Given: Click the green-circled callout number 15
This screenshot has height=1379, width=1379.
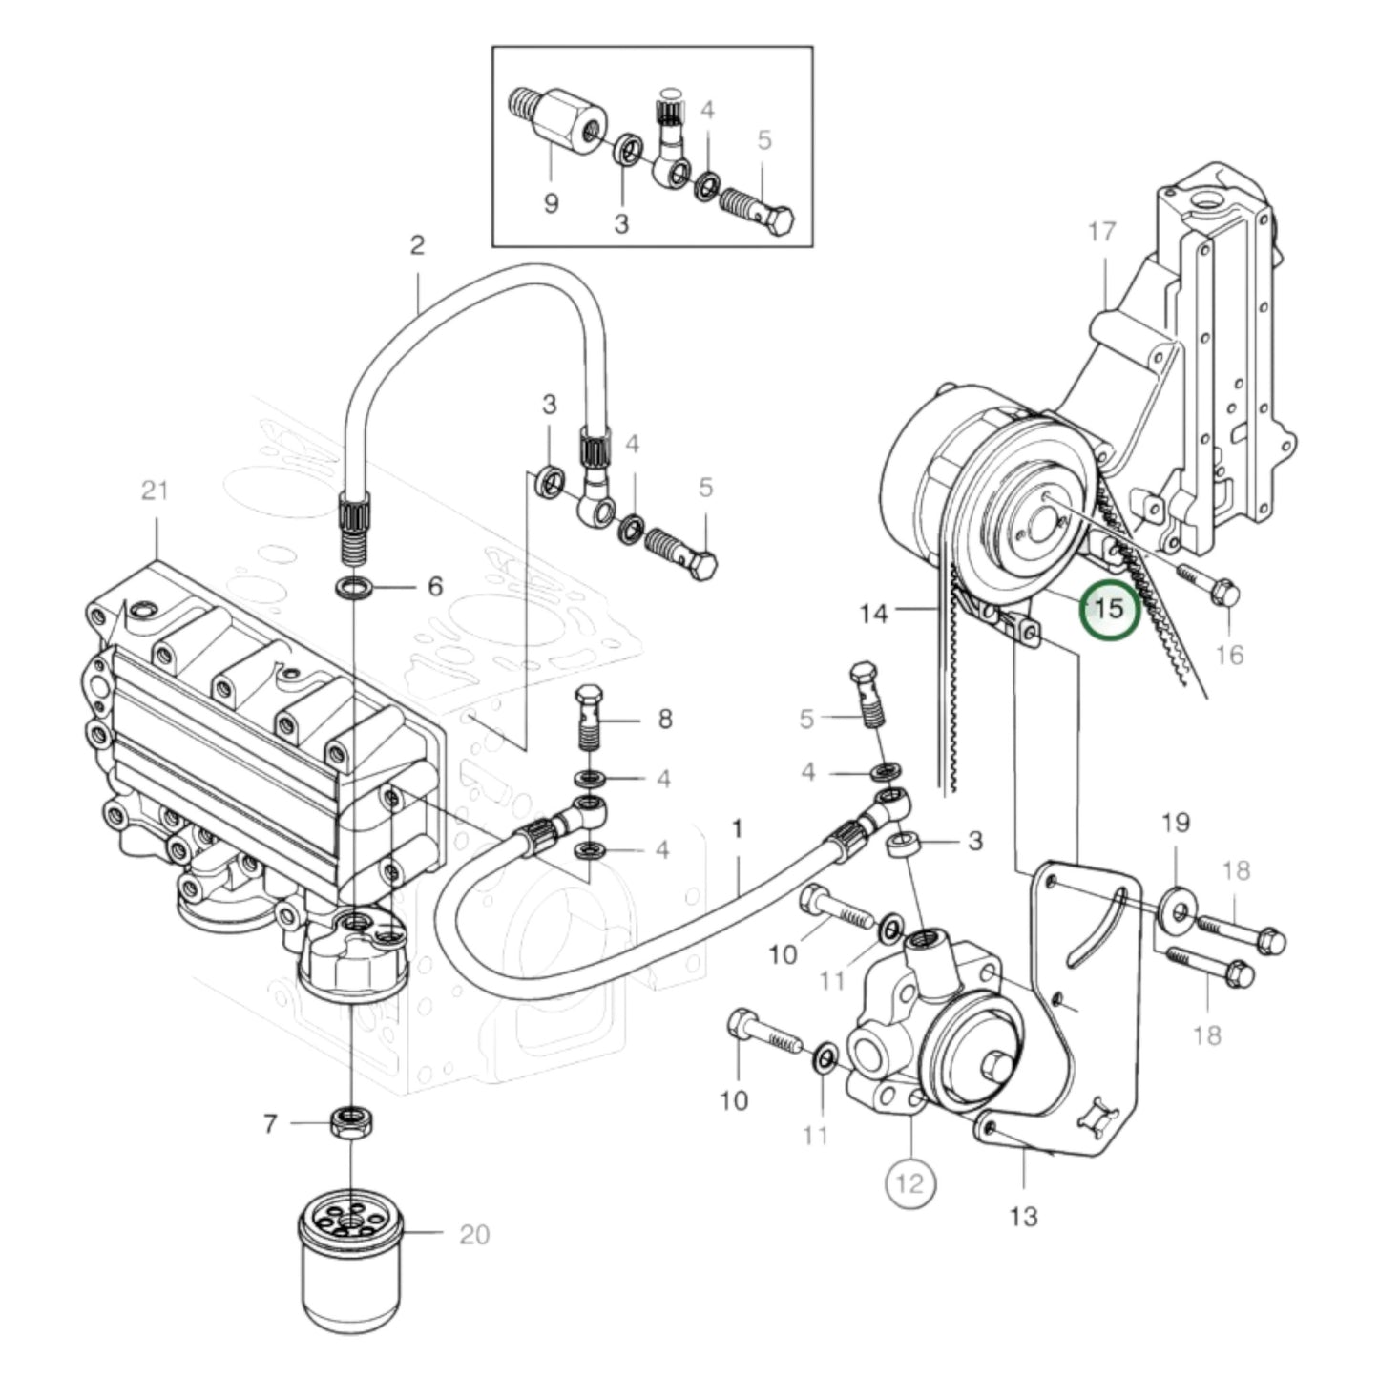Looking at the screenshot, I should [1109, 608].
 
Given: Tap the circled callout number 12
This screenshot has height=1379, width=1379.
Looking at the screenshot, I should [909, 1183].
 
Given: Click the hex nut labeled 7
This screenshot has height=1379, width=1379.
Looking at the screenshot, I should [352, 1122].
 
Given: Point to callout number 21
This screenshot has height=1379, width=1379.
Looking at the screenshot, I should [154, 491].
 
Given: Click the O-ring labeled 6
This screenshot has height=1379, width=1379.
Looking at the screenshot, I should [355, 587].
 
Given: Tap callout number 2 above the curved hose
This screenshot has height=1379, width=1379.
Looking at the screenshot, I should [416, 245].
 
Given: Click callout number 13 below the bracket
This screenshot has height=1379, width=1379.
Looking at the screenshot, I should [1022, 1217].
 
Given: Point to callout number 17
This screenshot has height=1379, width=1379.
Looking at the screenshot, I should [1101, 231].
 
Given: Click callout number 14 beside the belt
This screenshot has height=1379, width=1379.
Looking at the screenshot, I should [872, 613].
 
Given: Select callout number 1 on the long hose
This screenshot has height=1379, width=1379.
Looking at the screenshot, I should [737, 828].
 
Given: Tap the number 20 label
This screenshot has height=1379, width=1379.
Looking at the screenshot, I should [473, 1235].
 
